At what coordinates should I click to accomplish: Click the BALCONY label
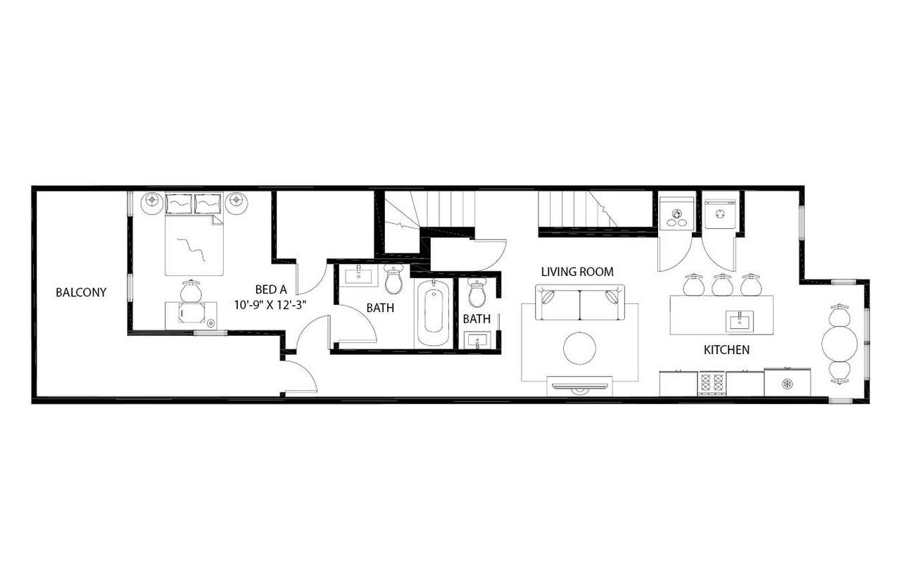(81, 292)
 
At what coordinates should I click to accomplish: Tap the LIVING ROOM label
(577, 271)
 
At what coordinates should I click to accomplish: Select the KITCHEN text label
(726, 349)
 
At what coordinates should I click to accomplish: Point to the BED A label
(271, 289)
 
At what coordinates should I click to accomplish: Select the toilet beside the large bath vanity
(394, 280)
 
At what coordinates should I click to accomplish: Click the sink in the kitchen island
(739, 322)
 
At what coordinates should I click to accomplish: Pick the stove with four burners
(711, 383)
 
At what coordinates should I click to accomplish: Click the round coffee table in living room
(579, 349)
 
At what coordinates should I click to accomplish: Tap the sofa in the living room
(579, 302)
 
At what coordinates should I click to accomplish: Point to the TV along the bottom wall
(579, 385)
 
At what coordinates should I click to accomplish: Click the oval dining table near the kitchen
(840, 344)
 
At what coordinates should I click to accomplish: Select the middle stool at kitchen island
(722, 285)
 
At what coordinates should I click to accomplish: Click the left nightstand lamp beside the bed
(151, 202)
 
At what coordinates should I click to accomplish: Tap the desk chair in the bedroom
(191, 290)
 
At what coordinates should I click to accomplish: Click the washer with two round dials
(677, 213)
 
